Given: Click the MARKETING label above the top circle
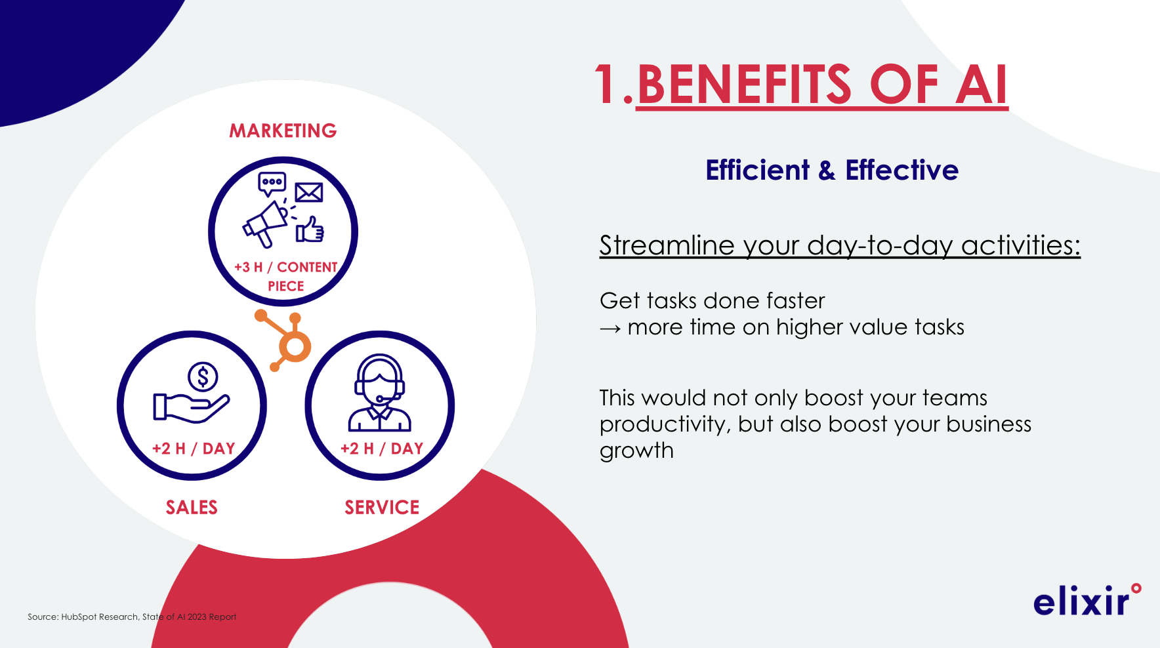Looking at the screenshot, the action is click(x=283, y=131).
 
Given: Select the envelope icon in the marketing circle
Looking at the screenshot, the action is click(x=308, y=192).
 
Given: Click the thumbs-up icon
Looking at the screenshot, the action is click(x=310, y=230).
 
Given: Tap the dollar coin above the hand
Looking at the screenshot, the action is click(x=203, y=377).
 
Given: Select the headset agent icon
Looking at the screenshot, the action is click(x=379, y=392).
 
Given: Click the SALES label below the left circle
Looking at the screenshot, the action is click(x=192, y=507).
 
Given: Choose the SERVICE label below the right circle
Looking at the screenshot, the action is click(x=382, y=507).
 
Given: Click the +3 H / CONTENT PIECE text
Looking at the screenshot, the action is click(x=286, y=276).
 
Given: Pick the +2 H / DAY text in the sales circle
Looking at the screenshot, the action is click(x=194, y=449).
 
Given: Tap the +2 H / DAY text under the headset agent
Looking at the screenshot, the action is click(x=382, y=449).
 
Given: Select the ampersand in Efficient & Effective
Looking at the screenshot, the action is click(x=827, y=171).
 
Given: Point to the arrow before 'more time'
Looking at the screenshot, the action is click(x=610, y=329).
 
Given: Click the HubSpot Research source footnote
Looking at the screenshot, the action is click(x=132, y=617).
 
